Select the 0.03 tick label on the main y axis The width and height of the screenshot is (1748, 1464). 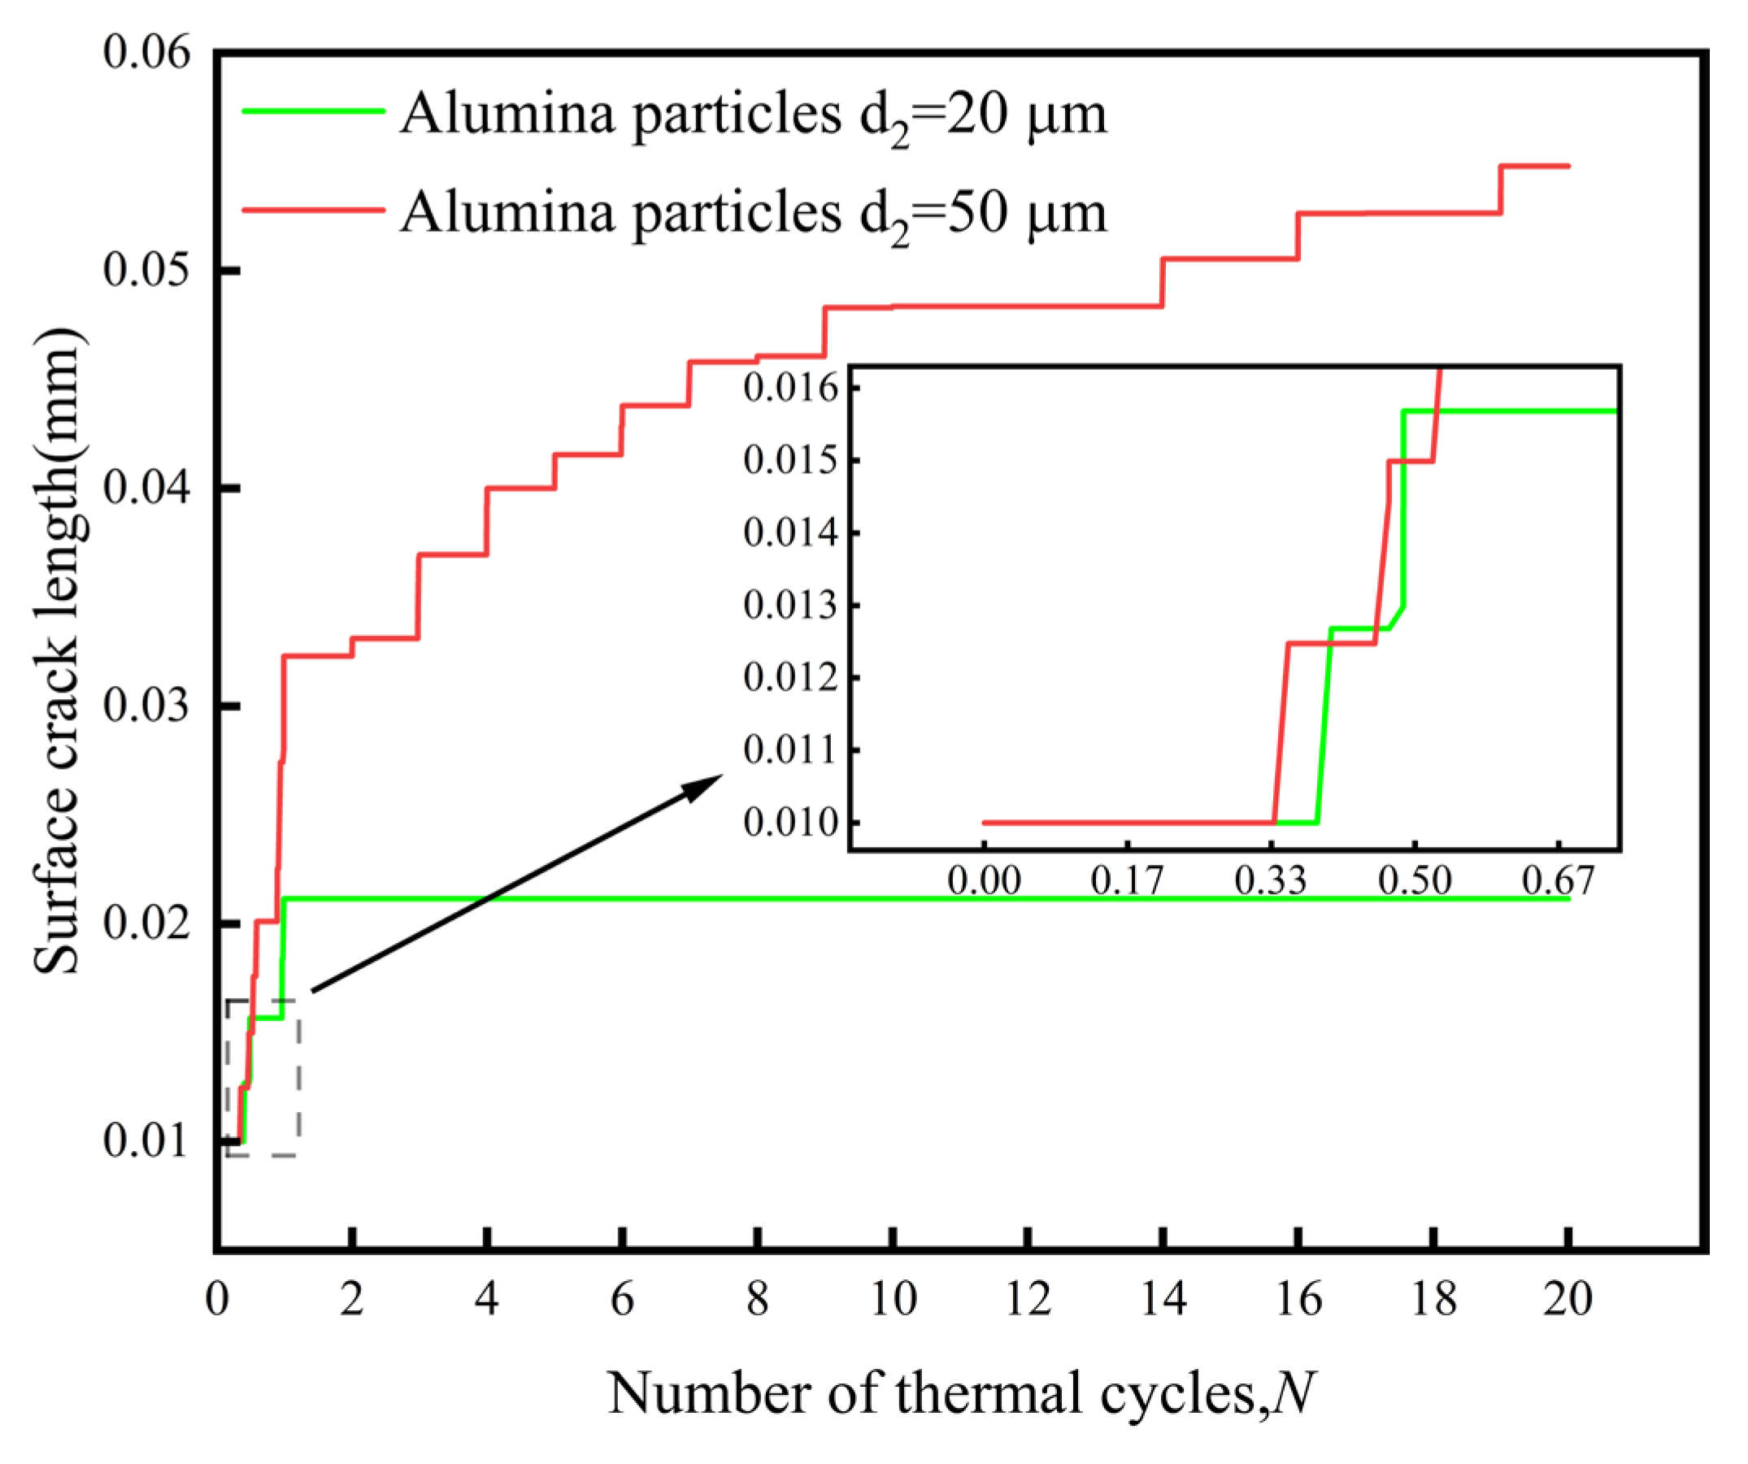135,706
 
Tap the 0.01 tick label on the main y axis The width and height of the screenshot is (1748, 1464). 135,1140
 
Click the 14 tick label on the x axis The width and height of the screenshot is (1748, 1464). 1163,1299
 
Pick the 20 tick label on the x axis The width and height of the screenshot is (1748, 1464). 1568,1299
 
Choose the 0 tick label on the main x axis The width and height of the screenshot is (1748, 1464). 217,1299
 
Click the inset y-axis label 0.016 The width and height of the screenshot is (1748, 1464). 791,389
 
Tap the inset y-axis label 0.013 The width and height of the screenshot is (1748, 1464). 791,605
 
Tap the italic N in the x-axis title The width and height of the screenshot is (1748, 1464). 1295,1393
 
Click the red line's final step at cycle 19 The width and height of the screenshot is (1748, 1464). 1501,189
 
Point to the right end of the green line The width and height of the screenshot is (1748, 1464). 1568,898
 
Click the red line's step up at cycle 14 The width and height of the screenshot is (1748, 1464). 1163,283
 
